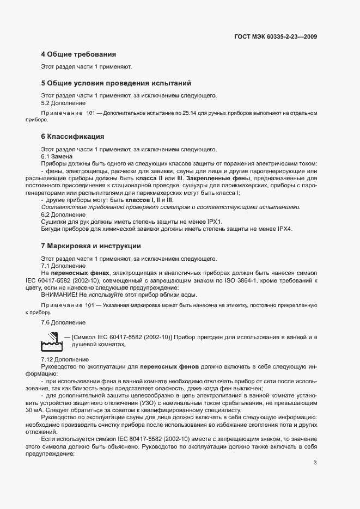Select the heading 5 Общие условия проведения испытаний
[116, 83]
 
